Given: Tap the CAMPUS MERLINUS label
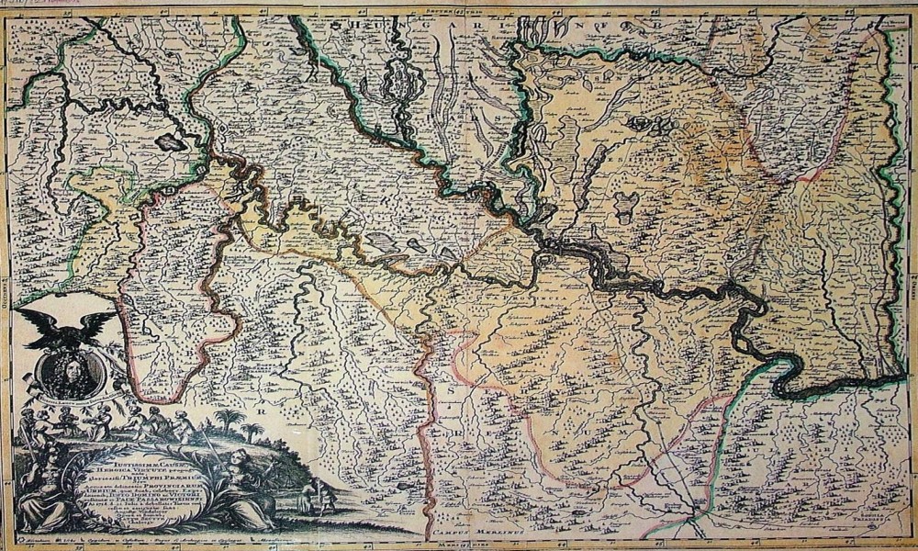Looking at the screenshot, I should (x=475, y=533).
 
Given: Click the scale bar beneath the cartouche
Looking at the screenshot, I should (x=138, y=543).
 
